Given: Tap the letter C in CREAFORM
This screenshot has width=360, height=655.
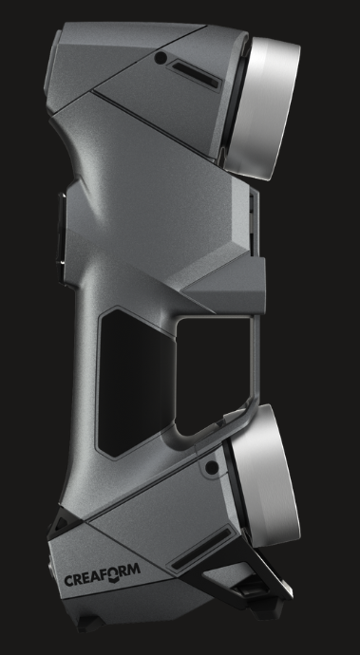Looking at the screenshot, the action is pos(68,581).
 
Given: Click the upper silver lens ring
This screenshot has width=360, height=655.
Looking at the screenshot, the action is pos(262,108).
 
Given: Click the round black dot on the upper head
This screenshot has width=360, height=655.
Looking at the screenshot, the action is pos(161,58).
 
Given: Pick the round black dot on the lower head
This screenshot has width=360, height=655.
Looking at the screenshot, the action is pos(212,467).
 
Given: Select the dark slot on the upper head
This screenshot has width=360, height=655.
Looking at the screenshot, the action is pos(196,75).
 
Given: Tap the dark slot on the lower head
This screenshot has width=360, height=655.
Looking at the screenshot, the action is pos(201,549).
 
